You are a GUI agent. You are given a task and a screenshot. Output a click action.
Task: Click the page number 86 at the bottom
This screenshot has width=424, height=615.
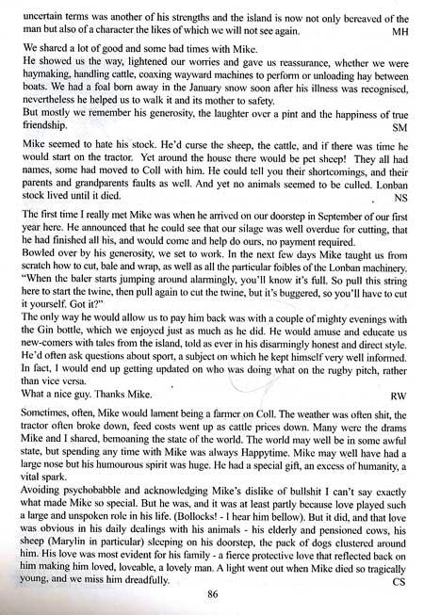tap(212, 595)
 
